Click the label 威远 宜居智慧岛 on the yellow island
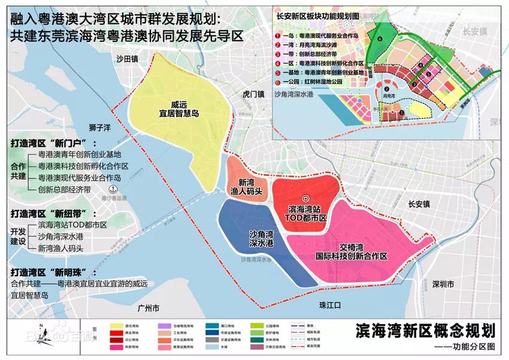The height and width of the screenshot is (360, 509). pos(179,107)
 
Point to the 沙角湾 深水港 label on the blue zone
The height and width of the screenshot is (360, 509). pos(262,238)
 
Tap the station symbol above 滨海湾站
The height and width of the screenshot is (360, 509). pos(304,198)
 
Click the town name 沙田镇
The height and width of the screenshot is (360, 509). pos(127,59)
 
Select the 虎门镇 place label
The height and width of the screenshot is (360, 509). pos(253,94)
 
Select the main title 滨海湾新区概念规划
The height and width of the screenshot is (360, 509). pos(425,331)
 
